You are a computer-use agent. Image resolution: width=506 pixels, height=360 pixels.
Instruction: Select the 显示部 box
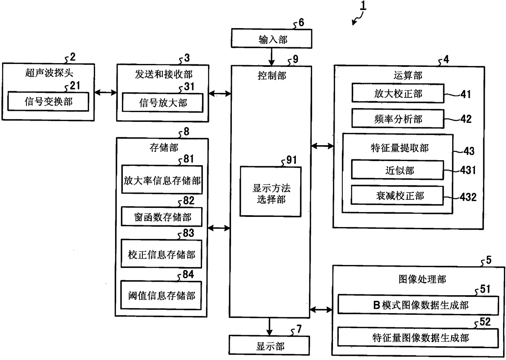(270, 346)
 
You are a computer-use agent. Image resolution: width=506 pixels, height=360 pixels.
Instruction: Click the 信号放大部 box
(162, 103)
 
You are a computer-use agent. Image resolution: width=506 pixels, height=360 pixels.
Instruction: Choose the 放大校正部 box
(398, 94)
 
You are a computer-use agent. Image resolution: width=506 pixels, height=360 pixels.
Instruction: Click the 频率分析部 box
(398, 119)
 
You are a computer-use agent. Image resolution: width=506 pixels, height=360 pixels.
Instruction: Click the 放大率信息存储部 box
(162, 181)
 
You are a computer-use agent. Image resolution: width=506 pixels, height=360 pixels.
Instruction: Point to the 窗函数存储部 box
(162, 217)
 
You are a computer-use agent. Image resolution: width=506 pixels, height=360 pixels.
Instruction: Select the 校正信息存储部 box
(162, 255)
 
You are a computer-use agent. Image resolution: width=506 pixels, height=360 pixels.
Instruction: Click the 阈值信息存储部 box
(162, 295)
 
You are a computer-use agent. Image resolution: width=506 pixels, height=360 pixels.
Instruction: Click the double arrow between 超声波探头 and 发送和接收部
(105, 93)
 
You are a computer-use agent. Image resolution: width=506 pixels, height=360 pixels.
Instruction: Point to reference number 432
(468, 197)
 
